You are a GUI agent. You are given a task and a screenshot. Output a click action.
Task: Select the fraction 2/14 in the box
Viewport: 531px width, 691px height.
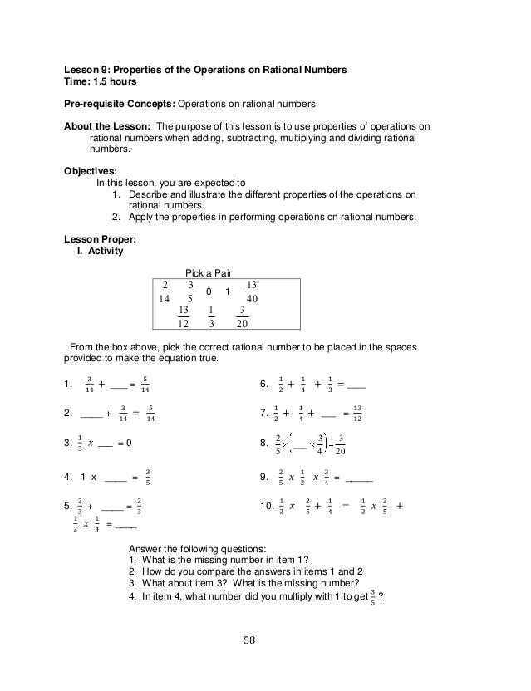[x=165, y=293]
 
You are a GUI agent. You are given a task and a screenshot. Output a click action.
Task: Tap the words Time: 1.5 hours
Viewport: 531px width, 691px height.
[x=99, y=83]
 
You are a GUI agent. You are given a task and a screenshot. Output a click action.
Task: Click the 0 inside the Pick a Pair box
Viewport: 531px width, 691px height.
[x=209, y=293]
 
